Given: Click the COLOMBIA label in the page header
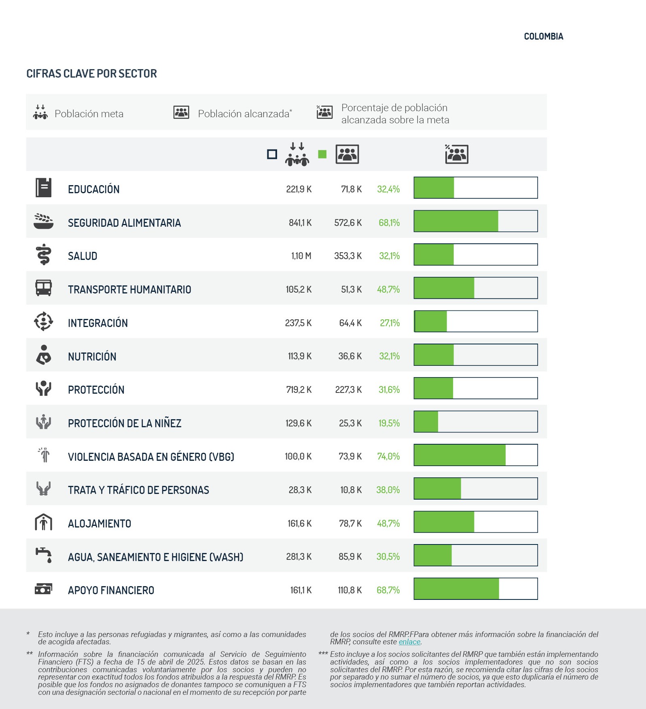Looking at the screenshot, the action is [x=543, y=36].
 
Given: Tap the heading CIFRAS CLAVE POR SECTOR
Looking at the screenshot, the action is [x=91, y=74].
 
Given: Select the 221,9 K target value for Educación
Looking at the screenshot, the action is [x=299, y=189].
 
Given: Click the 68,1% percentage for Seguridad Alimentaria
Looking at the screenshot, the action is [x=389, y=223].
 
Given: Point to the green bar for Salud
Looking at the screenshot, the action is [x=434, y=255].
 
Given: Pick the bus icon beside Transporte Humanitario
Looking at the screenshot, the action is [x=43, y=288].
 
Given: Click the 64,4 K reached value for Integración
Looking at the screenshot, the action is [x=350, y=323].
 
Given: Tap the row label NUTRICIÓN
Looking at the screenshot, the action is [x=92, y=357].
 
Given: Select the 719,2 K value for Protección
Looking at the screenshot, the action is [x=299, y=390].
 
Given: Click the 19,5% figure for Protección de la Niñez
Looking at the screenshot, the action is [x=389, y=423].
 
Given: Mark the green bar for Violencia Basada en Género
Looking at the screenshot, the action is [x=460, y=455].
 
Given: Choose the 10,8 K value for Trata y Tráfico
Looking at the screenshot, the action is [x=351, y=490].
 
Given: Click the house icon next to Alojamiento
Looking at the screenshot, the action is [x=43, y=522].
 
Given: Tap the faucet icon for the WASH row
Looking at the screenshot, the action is [x=43, y=555].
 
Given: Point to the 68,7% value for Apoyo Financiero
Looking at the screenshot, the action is [x=388, y=590].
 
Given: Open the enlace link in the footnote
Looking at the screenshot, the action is [x=409, y=642].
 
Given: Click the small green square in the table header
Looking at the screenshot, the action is [x=322, y=154].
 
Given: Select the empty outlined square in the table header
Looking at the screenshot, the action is [x=272, y=154].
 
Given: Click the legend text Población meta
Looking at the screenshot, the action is [x=89, y=114].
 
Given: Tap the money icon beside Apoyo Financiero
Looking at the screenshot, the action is [x=43, y=589].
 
